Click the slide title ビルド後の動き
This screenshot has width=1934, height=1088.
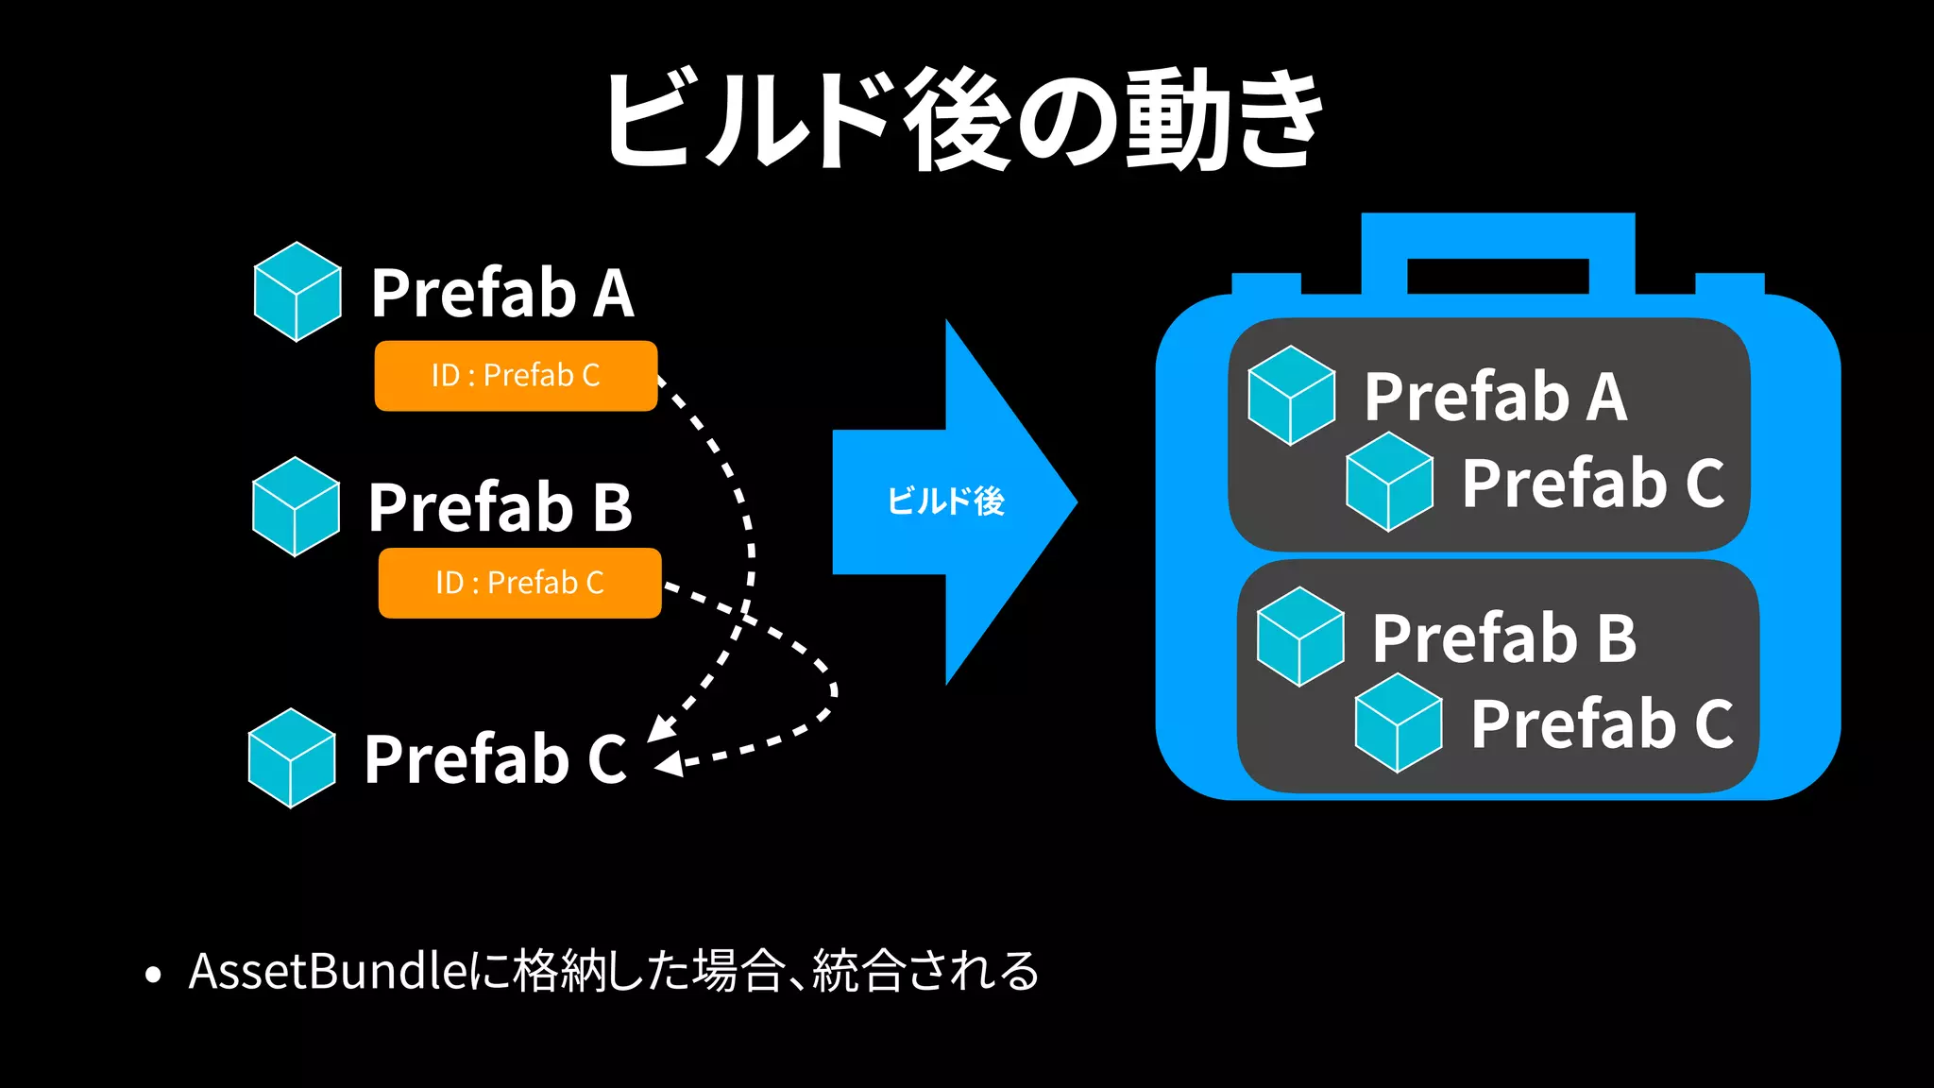pos(963,121)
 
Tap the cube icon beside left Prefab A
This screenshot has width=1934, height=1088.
pos(297,292)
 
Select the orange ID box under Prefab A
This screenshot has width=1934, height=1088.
pos(516,376)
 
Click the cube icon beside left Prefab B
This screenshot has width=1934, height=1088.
pos(296,507)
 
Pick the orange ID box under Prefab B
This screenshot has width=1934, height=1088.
pos(519,583)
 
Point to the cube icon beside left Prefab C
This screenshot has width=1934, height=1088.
pos(292,758)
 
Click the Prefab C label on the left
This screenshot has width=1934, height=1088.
pos(495,759)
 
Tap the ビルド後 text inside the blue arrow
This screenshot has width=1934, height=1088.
pos(945,501)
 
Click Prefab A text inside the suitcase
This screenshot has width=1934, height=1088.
pos(1496,397)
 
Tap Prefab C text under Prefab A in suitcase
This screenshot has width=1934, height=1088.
pos(1593,484)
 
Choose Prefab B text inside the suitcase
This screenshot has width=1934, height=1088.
pos(1504,638)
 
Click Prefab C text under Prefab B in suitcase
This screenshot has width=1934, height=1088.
pos(1602,724)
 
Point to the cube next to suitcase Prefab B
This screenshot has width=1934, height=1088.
pos(1300,637)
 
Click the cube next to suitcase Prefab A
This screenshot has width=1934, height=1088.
pos(1291,396)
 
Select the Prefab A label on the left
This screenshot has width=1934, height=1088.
pos(501,294)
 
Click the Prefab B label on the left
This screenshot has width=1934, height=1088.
pos(500,508)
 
